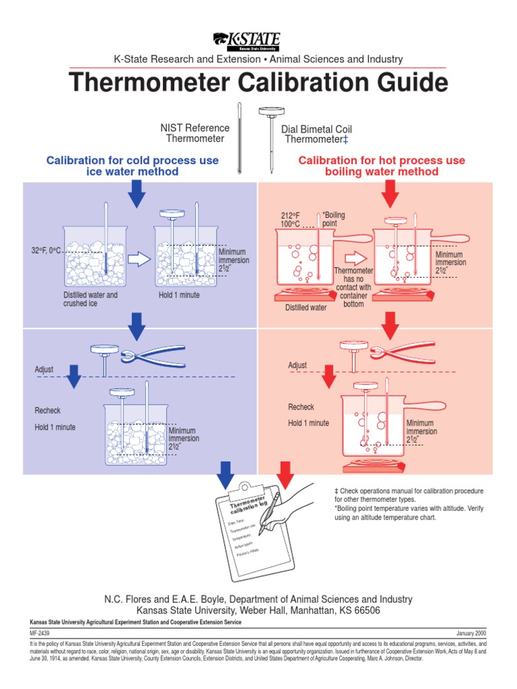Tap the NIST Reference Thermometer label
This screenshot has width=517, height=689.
[195, 133]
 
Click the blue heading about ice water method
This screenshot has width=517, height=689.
[132, 166]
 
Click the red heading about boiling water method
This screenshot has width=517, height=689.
[381, 166]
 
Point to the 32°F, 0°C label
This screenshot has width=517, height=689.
[46, 250]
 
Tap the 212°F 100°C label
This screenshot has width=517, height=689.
[291, 219]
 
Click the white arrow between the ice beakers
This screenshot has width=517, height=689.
[139, 258]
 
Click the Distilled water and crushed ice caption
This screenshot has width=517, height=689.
[90, 299]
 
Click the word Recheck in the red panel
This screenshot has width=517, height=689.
[301, 407]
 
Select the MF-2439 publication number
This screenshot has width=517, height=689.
[39, 633]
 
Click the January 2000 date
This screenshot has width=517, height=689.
[471, 633]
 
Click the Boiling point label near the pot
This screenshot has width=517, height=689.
[333, 219]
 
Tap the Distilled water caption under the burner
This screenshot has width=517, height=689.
[306, 307]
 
